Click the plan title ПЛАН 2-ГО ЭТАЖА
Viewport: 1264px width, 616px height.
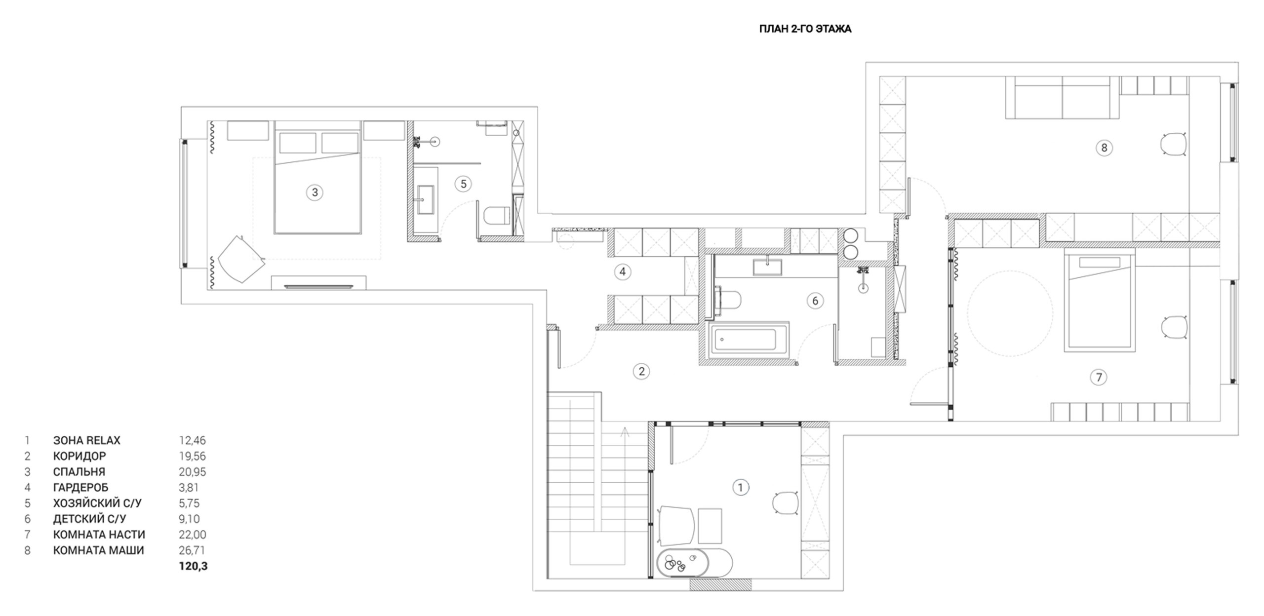(x=805, y=29)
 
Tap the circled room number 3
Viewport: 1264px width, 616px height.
(x=315, y=192)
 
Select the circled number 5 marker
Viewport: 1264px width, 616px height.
(x=463, y=184)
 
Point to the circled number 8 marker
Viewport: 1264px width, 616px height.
(x=1104, y=148)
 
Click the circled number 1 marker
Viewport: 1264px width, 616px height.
(x=740, y=488)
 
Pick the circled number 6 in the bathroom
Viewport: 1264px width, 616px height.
(x=815, y=301)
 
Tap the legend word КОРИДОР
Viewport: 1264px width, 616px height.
(x=79, y=456)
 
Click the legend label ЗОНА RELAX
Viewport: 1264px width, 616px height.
(x=87, y=440)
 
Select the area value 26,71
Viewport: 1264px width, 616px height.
(x=192, y=550)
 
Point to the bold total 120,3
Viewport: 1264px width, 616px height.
(x=193, y=566)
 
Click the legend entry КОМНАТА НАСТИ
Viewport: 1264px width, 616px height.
(x=99, y=535)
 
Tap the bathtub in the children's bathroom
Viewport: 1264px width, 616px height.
(x=748, y=339)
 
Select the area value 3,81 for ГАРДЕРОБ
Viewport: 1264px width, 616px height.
(x=189, y=488)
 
